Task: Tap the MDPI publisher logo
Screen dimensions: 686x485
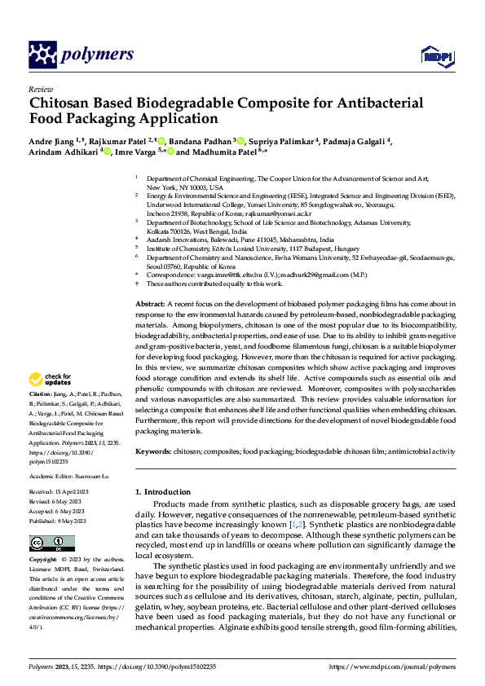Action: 435,55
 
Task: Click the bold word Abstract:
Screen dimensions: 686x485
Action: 152,303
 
